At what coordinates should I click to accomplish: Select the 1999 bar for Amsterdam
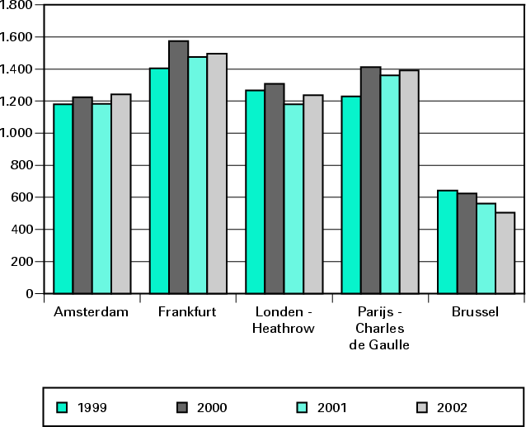pyautogui.click(x=63, y=198)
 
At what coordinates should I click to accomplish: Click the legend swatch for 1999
pyautogui.click(x=61, y=406)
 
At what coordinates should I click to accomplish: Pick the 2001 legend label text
pyautogui.click(x=332, y=407)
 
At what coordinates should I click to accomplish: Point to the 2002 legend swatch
pyautogui.click(x=422, y=406)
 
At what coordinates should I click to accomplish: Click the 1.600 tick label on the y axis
pyautogui.click(x=16, y=37)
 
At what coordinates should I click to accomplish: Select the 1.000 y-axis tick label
pyautogui.click(x=16, y=133)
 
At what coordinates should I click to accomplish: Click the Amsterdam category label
pyautogui.click(x=91, y=312)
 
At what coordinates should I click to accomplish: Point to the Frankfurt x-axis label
pyautogui.click(x=186, y=312)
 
